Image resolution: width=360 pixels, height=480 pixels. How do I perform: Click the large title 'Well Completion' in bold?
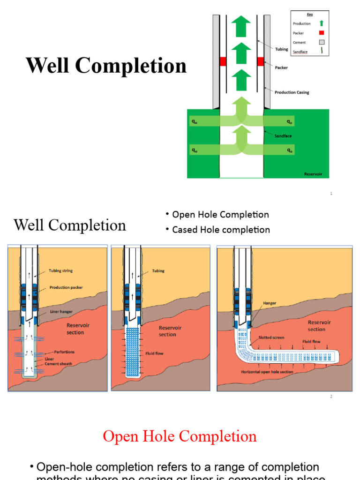[x=106, y=66]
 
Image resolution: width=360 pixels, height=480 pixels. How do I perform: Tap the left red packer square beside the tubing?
[x=223, y=61]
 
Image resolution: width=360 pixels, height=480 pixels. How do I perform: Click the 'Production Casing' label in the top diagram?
[x=292, y=92]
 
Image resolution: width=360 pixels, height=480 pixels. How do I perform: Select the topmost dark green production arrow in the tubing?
[x=241, y=26]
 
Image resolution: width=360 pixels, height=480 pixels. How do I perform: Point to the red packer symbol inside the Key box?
[x=321, y=33]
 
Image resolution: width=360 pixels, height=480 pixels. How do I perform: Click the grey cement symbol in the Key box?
[x=321, y=42]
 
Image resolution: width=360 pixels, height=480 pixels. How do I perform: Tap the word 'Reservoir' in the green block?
[x=313, y=174]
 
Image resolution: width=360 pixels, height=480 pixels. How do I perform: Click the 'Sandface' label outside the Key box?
[x=283, y=135]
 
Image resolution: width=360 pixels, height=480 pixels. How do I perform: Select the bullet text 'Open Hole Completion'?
[x=220, y=215]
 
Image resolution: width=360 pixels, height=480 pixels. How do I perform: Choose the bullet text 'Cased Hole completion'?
[x=221, y=230]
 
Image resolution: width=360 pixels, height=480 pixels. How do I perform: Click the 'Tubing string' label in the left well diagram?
[x=60, y=271]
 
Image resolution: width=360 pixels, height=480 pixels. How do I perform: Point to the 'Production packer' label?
[x=67, y=288]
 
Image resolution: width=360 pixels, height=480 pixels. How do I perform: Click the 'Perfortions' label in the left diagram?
[x=64, y=352]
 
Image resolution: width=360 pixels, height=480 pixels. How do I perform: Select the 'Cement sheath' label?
[x=59, y=363]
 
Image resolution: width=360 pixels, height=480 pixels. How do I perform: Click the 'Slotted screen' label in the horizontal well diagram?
[x=271, y=337]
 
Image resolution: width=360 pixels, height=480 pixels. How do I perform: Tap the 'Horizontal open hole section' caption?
[x=267, y=372]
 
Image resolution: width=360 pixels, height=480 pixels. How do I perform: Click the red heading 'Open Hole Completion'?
[x=180, y=436]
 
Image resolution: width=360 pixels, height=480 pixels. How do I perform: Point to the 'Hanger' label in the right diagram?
[x=270, y=303]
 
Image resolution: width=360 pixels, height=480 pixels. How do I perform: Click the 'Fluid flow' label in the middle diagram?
[x=154, y=353]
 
